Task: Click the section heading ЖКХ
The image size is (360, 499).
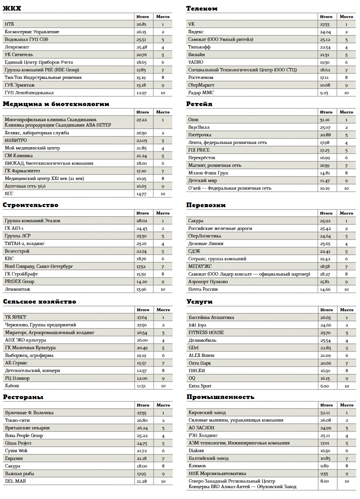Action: pyautogui.click(x=12, y=8)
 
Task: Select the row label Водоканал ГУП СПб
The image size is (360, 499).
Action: pyautogui.click(x=26, y=39)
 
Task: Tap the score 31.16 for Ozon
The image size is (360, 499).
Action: pyautogui.click(x=325, y=120)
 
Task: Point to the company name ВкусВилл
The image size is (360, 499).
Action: pyautogui.click(x=199, y=127)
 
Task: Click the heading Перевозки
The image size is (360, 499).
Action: pyautogui.click(x=206, y=205)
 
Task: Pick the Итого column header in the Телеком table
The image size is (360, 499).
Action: pyautogui.click(x=326, y=17)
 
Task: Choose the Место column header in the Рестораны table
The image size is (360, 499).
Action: pyautogui.click(x=163, y=405)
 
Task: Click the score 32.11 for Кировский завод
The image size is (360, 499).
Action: pyautogui.click(x=325, y=413)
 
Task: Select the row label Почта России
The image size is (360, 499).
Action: pyautogui.click(x=203, y=289)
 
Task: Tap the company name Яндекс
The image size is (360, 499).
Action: pyautogui.click(x=196, y=32)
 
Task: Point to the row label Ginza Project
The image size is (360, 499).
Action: pyautogui.click(x=18, y=443)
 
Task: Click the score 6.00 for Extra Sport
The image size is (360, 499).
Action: pyautogui.click(x=324, y=386)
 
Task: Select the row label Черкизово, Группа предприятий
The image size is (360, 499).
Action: pyautogui.click(x=40, y=325)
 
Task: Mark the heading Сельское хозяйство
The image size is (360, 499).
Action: pyautogui.click(x=39, y=302)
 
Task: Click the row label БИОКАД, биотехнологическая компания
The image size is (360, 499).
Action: pyautogui.click(x=49, y=163)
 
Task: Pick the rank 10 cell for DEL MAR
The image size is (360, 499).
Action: pyautogui.click(x=163, y=481)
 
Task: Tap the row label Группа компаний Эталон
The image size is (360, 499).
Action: pyautogui.click(x=33, y=221)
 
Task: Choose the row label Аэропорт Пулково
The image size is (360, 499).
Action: pyautogui.click(x=208, y=282)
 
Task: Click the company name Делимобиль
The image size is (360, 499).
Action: pyautogui.click(x=202, y=340)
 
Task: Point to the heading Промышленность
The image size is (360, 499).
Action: pyautogui.click(x=220, y=397)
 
